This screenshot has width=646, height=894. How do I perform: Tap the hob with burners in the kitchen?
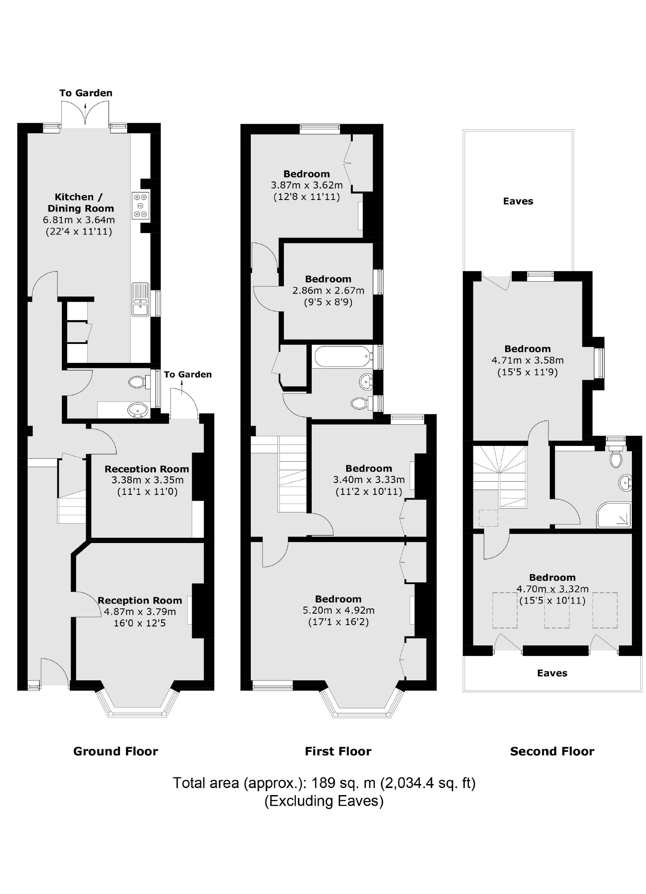pos(140,206)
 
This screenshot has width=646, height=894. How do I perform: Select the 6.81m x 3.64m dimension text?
pos(79,220)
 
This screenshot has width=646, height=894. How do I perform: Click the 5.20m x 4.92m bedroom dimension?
pos(338,611)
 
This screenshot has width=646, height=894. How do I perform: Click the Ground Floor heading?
pos(115,751)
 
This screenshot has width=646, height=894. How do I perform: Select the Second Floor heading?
pos(552,751)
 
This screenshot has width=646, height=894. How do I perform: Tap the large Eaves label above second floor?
pos(518,201)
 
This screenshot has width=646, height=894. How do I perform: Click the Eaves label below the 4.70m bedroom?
pos(552,673)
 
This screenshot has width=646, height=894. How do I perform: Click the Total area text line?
pos(324,783)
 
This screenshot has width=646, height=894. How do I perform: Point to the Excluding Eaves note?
pos(324,801)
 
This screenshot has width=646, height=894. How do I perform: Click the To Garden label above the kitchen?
pos(86,93)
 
